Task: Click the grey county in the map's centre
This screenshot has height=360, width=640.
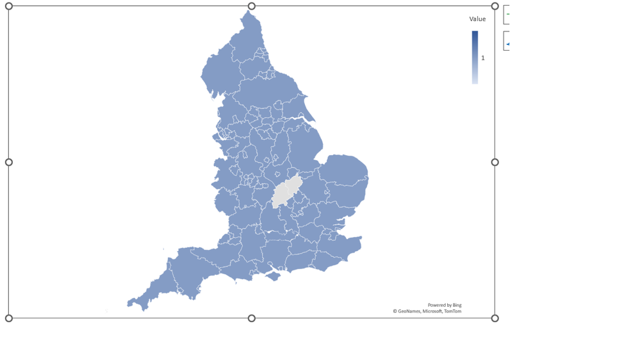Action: coord(286,192)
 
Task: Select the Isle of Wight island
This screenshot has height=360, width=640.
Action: coord(274,276)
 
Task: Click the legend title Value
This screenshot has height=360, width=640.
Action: coord(477,19)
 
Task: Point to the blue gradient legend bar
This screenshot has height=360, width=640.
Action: coord(475,57)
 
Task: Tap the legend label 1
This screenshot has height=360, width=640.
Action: coord(483,58)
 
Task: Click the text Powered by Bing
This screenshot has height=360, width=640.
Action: coord(444,305)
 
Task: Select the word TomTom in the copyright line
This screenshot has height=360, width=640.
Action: coord(452,311)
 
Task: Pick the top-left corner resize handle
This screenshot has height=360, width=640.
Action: coord(9,6)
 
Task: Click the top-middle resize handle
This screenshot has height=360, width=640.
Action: coord(252,6)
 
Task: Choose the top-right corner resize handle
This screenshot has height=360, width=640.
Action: coord(495,6)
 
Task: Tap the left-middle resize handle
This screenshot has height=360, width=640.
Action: coord(9,162)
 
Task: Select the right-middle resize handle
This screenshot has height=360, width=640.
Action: coord(495,162)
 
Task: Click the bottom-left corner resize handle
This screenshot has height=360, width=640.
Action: coord(9,318)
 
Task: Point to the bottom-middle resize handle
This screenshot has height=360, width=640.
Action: coord(252,318)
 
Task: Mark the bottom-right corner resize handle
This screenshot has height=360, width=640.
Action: coord(495,318)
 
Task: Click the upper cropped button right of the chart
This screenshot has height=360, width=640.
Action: coord(506,15)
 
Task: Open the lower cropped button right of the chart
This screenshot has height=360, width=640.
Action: coord(506,41)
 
